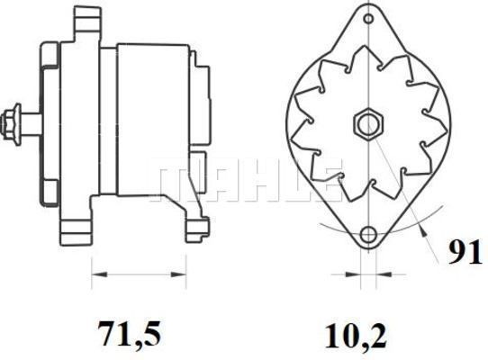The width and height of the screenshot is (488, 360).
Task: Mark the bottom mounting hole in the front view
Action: point(367,236)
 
